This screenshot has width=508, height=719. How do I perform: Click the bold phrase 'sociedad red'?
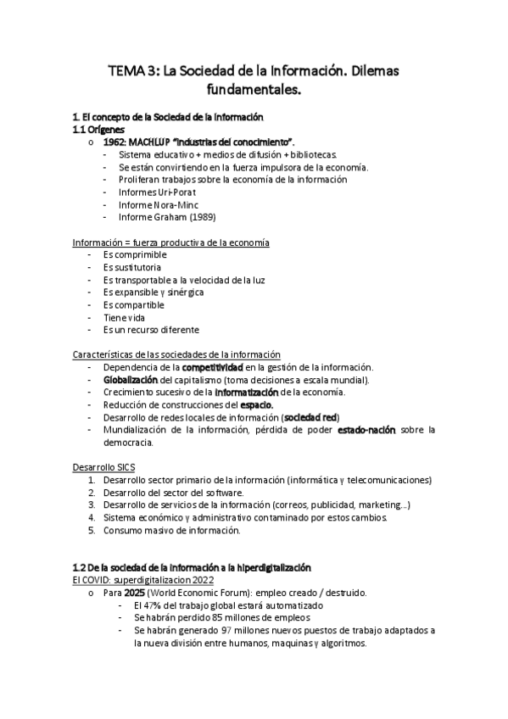pos(311,417)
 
